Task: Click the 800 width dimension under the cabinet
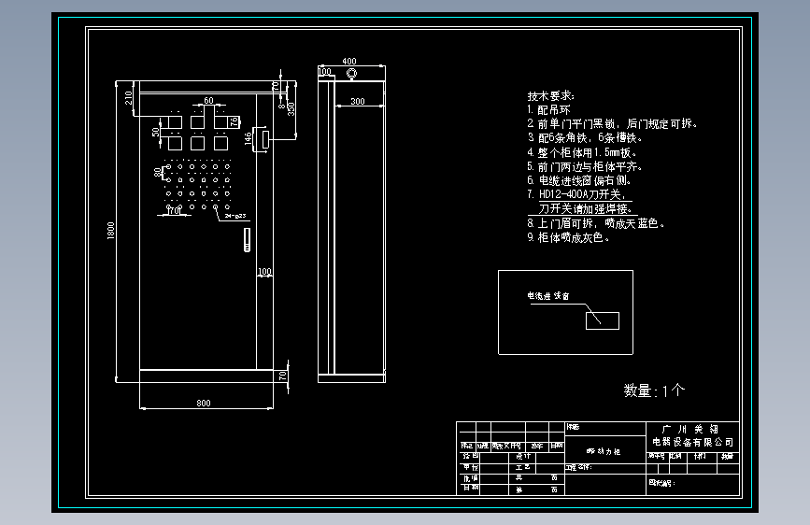tap(204, 403)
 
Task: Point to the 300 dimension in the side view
tap(357, 101)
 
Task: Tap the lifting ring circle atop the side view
tap(351, 72)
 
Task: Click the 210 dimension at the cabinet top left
tap(129, 95)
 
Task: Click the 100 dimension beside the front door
tap(264, 272)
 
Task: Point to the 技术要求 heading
tap(552, 95)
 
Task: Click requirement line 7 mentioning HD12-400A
tap(579, 195)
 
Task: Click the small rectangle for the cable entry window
tap(602, 319)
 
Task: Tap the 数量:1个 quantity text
tap(654, 390)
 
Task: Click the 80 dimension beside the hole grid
tap(157, 172)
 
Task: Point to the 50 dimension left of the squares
tap(156, 133)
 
